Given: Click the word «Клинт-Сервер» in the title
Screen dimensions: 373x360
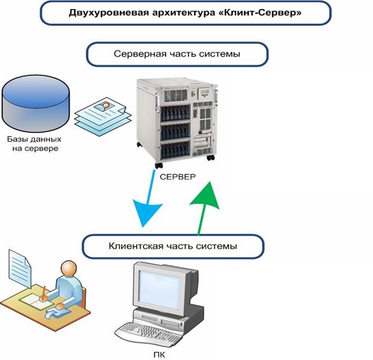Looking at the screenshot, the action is point(260,13).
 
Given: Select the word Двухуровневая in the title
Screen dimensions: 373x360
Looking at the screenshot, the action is point(109,13).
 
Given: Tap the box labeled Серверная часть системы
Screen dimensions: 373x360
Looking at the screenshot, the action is point(177,54).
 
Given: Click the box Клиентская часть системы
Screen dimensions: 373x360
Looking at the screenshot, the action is point(173,246).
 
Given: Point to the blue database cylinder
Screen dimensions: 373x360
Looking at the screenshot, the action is point(36,104).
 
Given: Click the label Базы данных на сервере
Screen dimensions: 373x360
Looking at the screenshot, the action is point(34,143).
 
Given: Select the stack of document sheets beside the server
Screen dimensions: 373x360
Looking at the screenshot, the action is point(103,116).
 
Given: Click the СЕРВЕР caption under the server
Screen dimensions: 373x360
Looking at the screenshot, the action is point(178,177).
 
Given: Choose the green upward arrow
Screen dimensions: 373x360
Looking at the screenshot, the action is point(204,208).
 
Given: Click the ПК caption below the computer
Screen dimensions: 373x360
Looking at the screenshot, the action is point(159,355).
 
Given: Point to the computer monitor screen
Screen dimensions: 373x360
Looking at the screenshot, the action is point(160,289).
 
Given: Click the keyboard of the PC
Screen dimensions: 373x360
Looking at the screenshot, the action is point(148,334).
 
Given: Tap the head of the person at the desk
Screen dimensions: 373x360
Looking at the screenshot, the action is point(69,268).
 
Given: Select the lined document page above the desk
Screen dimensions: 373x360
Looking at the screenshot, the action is point(20,268).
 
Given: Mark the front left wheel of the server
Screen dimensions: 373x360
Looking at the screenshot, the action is point(158,166).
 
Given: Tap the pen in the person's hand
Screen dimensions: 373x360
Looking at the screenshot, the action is point(44,293).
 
